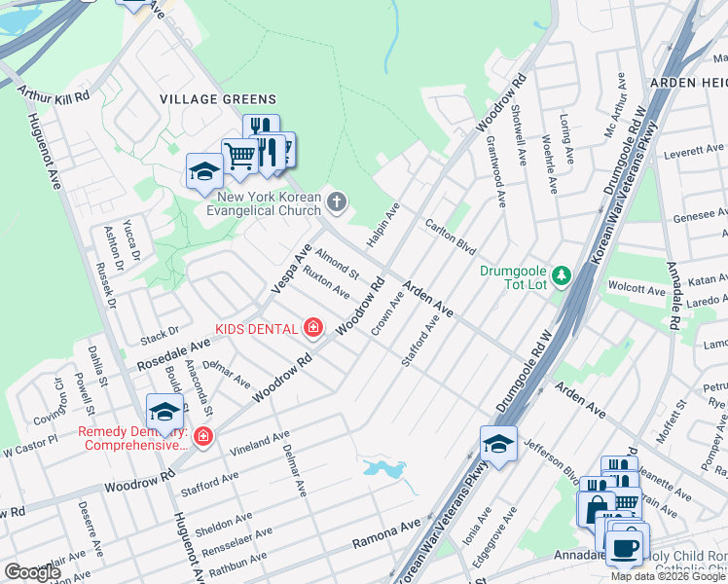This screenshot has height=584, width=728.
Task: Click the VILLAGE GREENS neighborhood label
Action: [218, 99]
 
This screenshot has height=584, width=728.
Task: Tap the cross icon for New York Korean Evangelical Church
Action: [336, 202]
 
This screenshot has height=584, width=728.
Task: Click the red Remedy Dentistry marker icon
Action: [202, 436]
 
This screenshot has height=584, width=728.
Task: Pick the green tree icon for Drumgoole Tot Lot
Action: [561, 276]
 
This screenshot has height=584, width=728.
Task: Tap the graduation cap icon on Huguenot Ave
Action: [164, 413]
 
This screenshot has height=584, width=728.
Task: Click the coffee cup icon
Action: [625, 546]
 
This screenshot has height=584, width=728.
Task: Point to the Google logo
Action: [32, 572]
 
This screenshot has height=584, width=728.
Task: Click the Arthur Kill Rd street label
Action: [54, 95]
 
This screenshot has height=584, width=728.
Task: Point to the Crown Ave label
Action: [387, 313]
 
